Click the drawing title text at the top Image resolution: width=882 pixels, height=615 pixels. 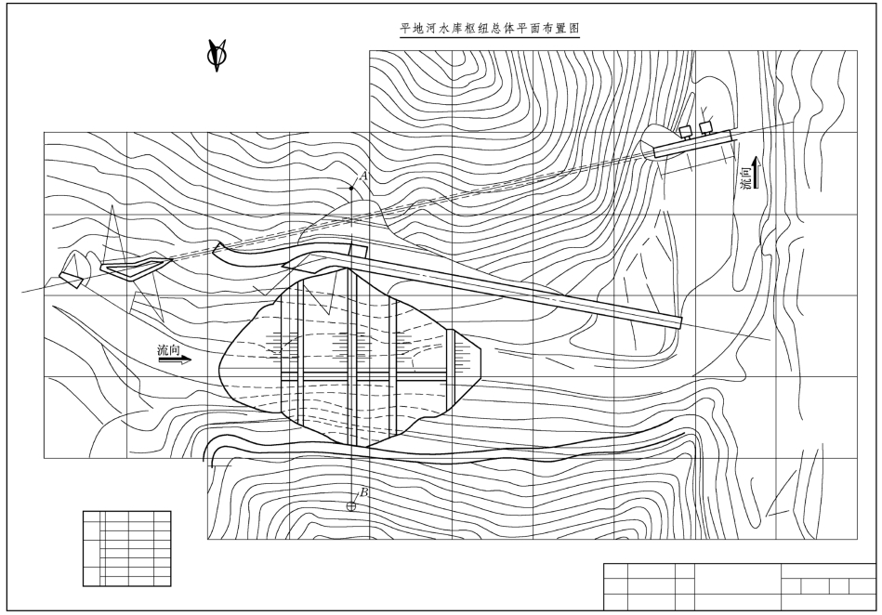489,29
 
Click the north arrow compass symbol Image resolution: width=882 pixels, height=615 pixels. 218,57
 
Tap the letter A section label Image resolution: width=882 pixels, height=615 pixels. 364,175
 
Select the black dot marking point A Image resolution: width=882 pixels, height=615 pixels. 351,189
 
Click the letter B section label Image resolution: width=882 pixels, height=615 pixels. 363,492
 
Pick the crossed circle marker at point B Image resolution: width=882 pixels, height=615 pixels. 352,506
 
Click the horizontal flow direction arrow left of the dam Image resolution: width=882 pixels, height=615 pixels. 175,360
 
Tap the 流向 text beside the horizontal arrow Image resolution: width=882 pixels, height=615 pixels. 169,349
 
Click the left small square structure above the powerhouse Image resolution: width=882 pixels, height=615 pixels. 686,130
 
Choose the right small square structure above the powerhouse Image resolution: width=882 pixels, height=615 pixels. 707,125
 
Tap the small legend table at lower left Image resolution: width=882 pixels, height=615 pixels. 126,548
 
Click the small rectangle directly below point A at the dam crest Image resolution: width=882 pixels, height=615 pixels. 357,250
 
